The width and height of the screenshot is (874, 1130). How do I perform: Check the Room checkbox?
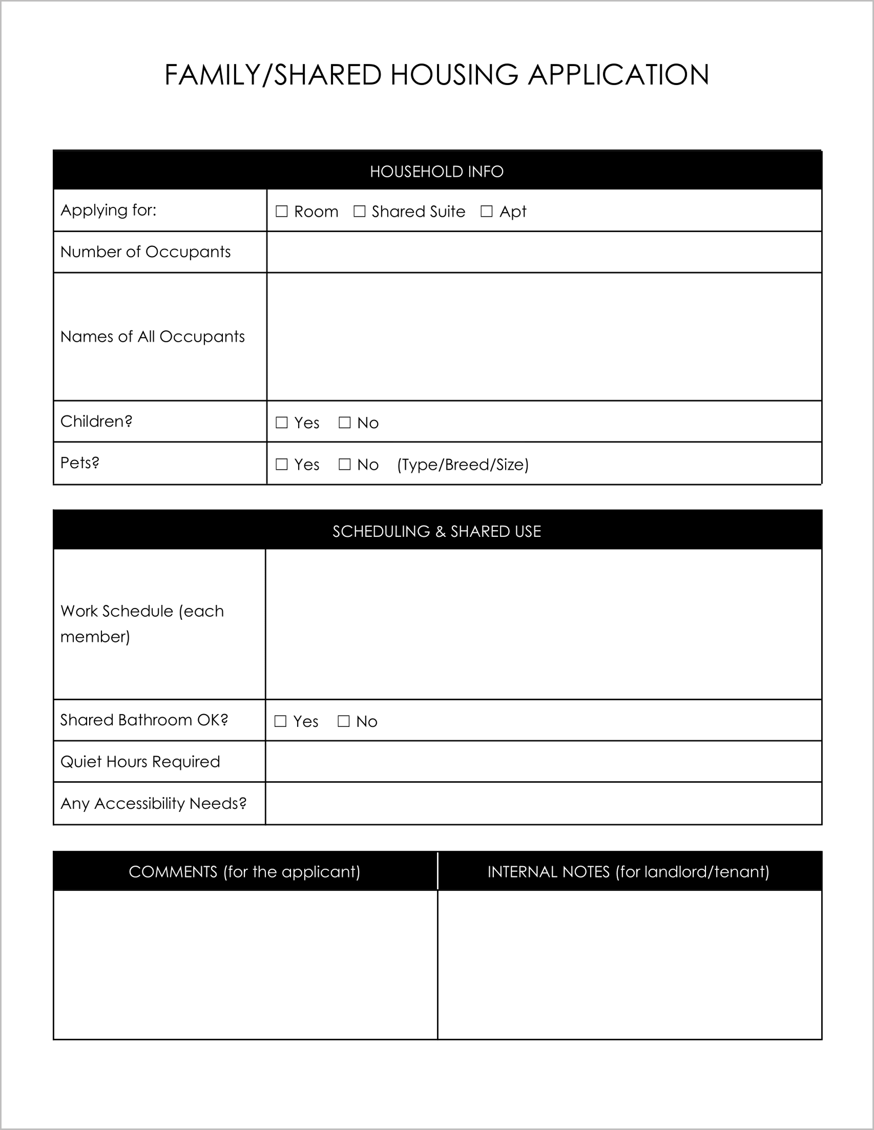point(281,211)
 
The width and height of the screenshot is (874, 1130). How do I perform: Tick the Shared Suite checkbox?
point(359,211)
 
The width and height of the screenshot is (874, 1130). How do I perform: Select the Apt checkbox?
point(486,211)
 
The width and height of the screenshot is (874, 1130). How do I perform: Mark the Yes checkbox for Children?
point(281,423)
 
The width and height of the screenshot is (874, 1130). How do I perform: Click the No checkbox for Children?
point(345,423)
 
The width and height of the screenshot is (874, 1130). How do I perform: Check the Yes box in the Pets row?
point(281,464)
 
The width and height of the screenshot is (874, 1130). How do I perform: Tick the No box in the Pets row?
point(345,464)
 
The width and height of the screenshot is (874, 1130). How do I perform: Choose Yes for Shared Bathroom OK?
point(280,721)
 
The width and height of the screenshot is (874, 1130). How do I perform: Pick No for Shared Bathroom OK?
point(344,721)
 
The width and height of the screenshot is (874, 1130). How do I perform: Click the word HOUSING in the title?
point(454,74)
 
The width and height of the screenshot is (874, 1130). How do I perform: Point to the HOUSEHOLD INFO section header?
point(436,171)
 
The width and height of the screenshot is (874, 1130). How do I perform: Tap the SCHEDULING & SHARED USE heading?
point(436,531)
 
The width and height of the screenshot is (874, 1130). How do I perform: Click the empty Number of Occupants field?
point(544,252)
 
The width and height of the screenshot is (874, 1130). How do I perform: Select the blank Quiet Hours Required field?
point(544,761)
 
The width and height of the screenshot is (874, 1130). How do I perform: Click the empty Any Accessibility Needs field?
point(544,803)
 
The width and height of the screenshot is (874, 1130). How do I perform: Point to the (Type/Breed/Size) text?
point(463,465)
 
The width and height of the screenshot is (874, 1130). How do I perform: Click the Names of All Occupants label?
point(153,337)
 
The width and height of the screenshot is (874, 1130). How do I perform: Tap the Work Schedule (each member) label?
point(142,623)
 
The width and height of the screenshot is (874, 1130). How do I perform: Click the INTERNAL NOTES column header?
point(628,872)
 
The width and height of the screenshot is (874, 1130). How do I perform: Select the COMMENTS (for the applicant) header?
point(244,872)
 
